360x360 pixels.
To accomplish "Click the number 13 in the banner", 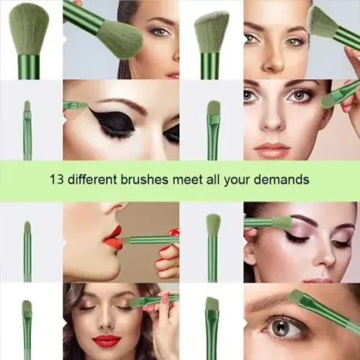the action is (57, 179).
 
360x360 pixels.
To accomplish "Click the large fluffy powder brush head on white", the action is (29, 31).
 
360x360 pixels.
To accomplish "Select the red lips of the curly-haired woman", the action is (107, 341).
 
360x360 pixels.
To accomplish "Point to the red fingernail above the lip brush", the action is (174, 233).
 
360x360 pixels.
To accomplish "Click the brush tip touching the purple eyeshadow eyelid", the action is (283, 221).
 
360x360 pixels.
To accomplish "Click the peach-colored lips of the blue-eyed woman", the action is (271, 147).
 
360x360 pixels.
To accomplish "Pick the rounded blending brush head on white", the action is (213, 225).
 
